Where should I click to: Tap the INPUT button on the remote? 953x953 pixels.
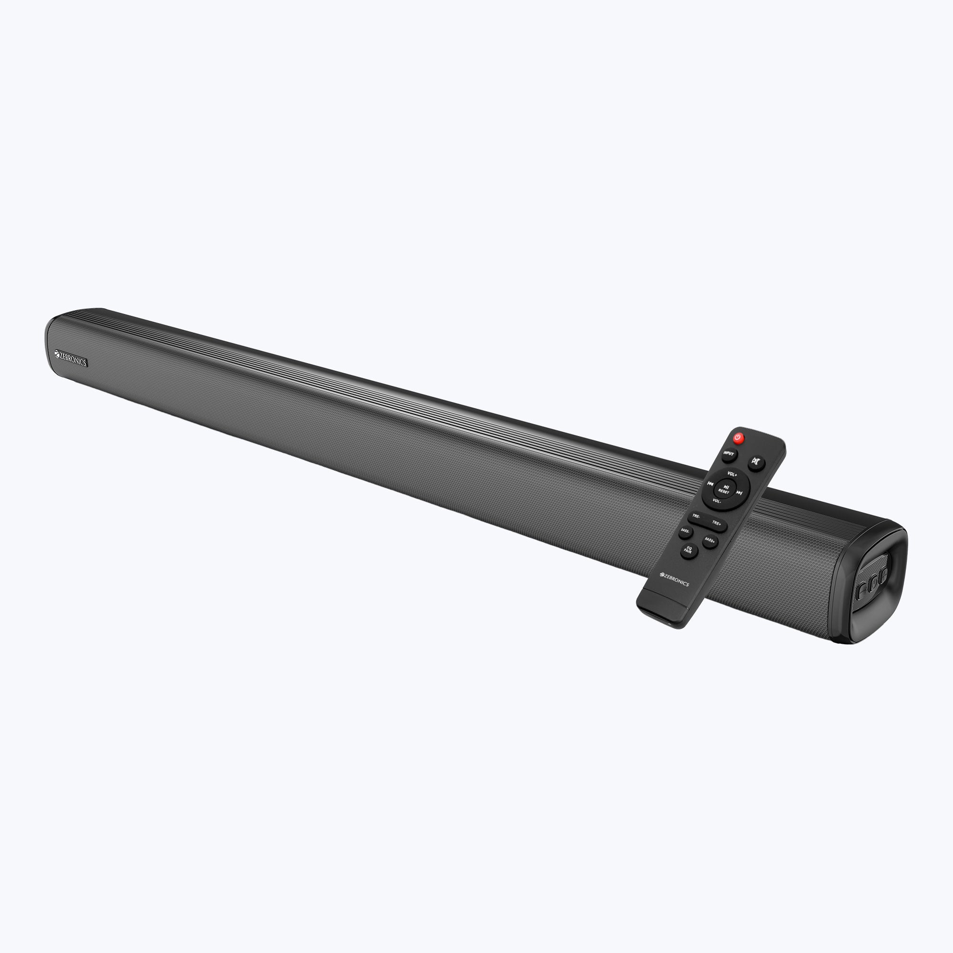click(x=729, y=453)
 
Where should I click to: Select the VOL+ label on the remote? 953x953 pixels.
click(x=732, y=474)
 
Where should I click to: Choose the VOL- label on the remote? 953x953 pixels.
click(x=717, y=501)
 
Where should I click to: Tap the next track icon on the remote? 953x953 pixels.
click(x=740, y=492)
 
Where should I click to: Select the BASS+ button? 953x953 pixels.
click(x=710, y=540)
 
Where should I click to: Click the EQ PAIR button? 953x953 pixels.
click(x=689, y=550)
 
